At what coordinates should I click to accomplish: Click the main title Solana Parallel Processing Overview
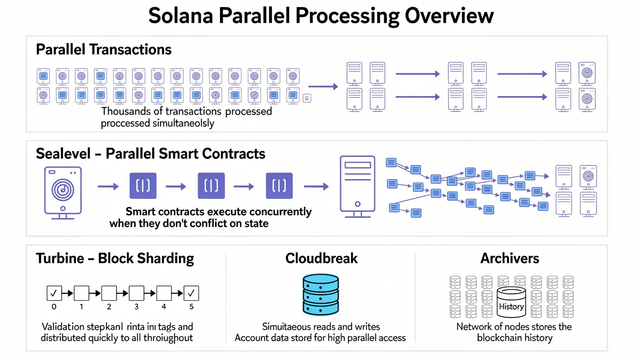pyautogui.click(x=321, y=16)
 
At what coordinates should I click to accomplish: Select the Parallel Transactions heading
pyautogui.click(x=104, y=49)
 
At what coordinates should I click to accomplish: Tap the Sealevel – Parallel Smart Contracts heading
pyautogui.click(x=150, y=154)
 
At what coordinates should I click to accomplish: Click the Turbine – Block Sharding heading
pyautogui.click(x=115, y=258)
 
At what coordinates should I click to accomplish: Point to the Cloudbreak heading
pyautogui.click(x=321, y=258)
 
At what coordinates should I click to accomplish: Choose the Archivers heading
pyautogui.click(x=510, y=258)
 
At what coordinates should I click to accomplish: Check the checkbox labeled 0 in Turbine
pyautogui.click(x=54, y=292)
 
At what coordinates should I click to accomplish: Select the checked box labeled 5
pyautogui.click(x=191, y=292)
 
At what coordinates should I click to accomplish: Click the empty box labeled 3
pyautogui.click(x=136, y=292)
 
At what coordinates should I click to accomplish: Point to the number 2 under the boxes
pyautogui.click(x=109, y=307)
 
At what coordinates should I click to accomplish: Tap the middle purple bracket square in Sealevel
pyautogui.click(x=211, y=186)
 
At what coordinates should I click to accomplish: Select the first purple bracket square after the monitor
pyautogui.click(x=143, y=186)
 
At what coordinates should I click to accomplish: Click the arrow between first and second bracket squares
pyautogui.click(x=177, y=187)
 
